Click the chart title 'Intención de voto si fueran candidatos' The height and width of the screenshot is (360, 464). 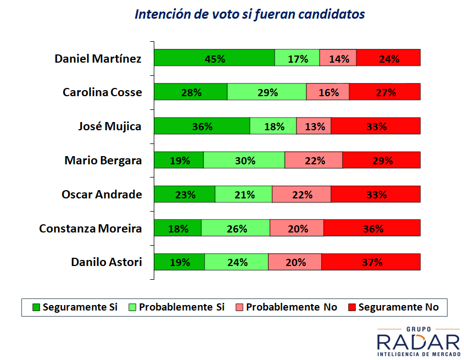[x=249, y=14]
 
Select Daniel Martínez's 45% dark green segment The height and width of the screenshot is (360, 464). [x=214, y=58]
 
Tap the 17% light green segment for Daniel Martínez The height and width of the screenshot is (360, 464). [x=297, y=58]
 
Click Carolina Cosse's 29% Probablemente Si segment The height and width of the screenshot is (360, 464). [x=267, y=92]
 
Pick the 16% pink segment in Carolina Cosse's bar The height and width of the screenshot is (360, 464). [x=328, y=92]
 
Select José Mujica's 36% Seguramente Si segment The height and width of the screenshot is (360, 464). [x=202, y=126]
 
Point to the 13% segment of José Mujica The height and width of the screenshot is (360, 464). [x=314, y=126]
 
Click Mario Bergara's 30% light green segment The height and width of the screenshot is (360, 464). [x=244, y=160]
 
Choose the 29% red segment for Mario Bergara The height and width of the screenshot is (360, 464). [x=382, y=160]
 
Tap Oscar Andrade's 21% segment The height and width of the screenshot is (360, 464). [x=243, y=194]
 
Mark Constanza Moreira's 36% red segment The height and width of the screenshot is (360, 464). [x=372, y=228]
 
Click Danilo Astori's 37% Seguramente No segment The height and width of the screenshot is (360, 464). [x=371, y=262]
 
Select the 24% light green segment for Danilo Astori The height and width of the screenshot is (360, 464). [x=236, y=262]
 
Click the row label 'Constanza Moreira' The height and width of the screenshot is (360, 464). [x=91, y=228]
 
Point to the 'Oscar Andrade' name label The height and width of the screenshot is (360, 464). [x=102, y=194]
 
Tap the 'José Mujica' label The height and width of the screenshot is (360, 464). [x=110, y=126]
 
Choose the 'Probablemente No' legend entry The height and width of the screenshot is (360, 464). [x=286, y=307]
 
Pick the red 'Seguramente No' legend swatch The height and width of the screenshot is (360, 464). [x=352, y=307]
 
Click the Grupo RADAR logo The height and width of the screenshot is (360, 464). [x=418, y=342]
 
